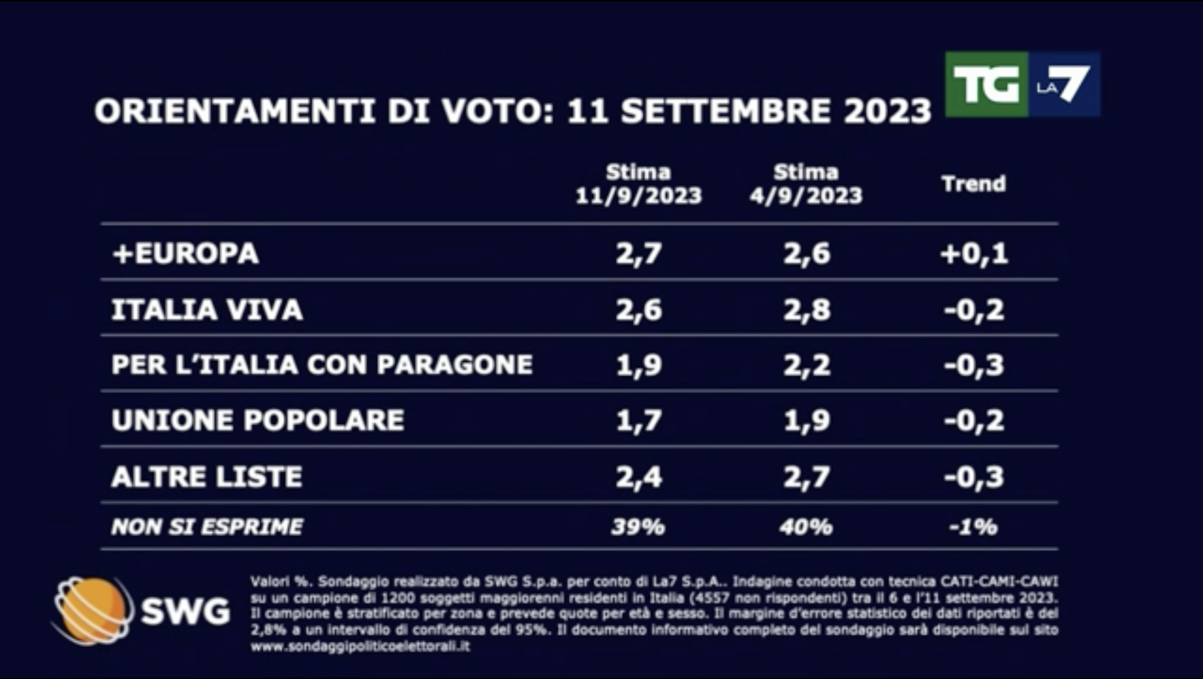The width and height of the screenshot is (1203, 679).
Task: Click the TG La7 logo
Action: tap(1022, 84)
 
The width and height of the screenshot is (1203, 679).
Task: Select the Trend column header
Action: tap(974, 183)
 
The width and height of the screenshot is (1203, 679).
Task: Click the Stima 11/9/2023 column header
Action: tap(638, 184)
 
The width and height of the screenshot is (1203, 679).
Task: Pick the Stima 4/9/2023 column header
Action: tap(806, 184)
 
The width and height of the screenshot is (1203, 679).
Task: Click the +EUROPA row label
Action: tap(185, 253)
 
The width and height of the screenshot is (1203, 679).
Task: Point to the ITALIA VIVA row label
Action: tap(207, 309)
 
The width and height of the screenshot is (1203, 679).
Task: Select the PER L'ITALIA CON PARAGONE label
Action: tap(322, 365)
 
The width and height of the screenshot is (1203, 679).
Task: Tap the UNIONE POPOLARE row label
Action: tap(258, 420)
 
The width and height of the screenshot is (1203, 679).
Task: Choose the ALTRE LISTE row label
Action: tap(207, 476)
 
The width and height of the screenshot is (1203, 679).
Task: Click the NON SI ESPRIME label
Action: tap(207, 527)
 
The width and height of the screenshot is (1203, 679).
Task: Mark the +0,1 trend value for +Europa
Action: tap(974, 253)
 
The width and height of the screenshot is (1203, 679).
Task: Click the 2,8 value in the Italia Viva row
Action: tap(807, 309)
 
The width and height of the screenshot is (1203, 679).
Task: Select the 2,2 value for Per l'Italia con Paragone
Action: tap(807, 365)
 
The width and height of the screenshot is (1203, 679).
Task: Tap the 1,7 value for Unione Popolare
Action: tap(638, 420)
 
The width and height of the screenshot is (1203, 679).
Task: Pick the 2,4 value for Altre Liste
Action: tap(638, 476)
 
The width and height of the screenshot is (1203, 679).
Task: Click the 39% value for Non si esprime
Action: tap(638, 527)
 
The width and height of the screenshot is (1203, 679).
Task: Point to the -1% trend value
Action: tap(974, 527)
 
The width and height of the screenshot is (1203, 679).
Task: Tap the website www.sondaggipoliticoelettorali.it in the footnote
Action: tap(360, 647)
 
